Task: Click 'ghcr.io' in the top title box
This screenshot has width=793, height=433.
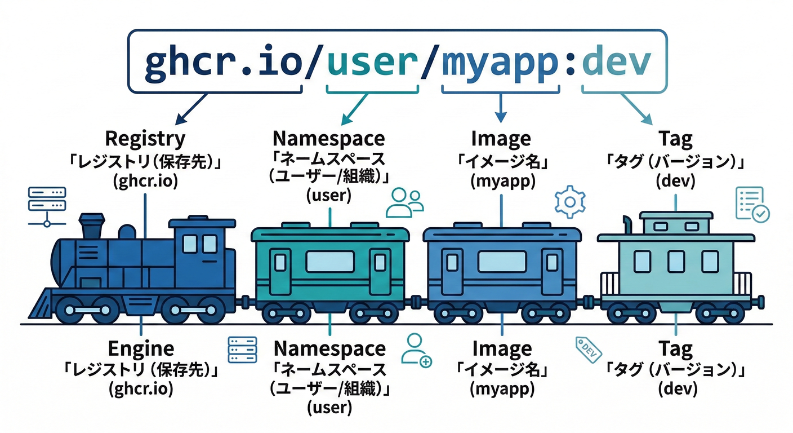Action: (x=222, y=63)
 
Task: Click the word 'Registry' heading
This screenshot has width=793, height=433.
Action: (x=145, y=138)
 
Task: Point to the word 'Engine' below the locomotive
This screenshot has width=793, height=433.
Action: (x=141, y=349)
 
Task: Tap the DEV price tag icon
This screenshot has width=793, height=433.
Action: (x=588, y=349)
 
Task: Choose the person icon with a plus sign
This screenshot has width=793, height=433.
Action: (x=416, y=351)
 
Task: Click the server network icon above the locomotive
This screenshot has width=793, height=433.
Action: (x=47, y=206)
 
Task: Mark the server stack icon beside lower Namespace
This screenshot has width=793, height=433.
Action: (x=242, y=350)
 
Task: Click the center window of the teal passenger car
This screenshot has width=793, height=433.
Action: (x=330, y=262)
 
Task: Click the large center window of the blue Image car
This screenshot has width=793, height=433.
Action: (x=502, y=262)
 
